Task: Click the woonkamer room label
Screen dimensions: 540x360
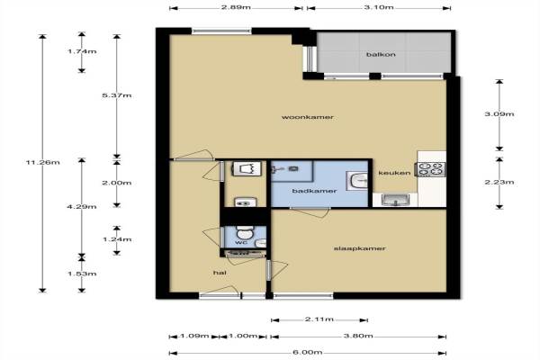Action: [308, 117]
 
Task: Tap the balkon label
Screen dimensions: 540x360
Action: [381, 54]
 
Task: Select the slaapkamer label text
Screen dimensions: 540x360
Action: [359, 248]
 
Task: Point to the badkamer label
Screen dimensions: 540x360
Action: [314, 191]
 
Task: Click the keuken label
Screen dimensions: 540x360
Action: [394, 173]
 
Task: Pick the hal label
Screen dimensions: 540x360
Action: [220, 273]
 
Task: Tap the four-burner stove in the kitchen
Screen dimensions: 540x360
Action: [430, 169]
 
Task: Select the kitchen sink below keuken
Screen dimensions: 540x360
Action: [396, 200]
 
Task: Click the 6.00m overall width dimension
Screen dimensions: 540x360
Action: [308, 353]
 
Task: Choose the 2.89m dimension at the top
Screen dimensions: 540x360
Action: [236, 7]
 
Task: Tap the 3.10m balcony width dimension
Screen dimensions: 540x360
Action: [379, 7]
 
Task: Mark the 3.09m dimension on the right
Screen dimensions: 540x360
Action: [499, 114]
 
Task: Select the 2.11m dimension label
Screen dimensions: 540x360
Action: [319, 319]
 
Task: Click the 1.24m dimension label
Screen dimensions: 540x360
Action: [117, 239]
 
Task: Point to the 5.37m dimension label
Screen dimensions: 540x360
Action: [117, 95]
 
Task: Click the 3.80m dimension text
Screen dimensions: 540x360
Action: [358, 336]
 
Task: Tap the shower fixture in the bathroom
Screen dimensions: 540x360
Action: [284, 169]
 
